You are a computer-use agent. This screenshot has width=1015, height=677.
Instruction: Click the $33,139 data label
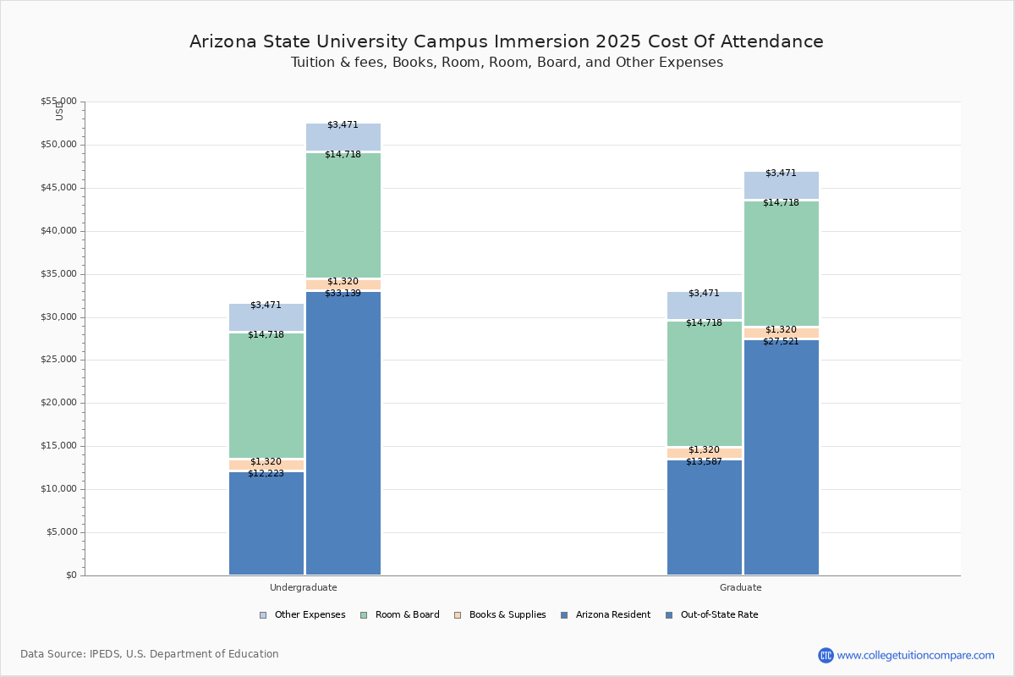tap(343, 294)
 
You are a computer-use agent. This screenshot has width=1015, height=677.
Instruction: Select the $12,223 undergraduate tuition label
tap(266, 474)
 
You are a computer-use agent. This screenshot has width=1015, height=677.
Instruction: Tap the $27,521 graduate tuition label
tap(781, 342)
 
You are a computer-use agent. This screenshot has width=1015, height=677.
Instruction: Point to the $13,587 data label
tap(704, 462)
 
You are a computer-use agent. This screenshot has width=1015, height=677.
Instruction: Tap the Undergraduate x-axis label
tap(304, 587)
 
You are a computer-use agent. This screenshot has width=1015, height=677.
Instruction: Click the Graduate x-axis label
tap(741, 587)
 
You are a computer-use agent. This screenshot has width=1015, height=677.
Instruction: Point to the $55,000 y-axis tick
tap(58, 102)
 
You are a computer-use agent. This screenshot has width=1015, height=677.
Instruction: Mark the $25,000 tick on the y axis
tap(58, 360)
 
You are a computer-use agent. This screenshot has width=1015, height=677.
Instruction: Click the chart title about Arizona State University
tap(507, 41)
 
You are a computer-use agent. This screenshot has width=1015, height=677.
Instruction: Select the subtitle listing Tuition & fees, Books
tap(507, 63)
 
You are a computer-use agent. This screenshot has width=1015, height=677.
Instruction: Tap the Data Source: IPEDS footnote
tap(150, 654)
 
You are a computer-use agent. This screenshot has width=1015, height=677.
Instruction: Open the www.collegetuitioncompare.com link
tap(915, 655)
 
